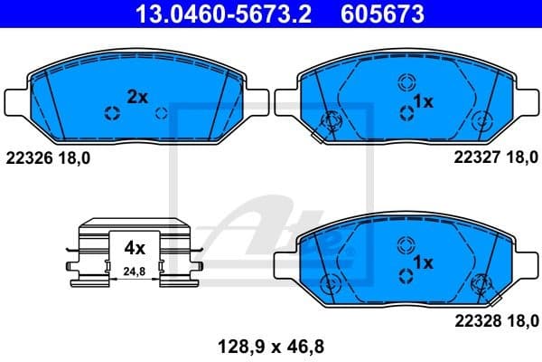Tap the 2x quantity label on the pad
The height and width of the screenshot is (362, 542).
[136, 96]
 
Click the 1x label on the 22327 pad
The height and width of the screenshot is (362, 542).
[423, 102]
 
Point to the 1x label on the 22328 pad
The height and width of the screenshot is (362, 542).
[422, 262]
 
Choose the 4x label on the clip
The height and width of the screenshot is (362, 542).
[135, 246]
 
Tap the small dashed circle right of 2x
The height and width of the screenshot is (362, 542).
[161, 113]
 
